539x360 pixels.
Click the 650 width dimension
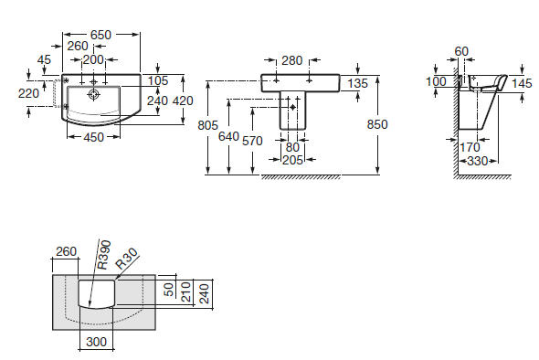tap(100, 35)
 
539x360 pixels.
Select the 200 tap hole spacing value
tap(93, 59)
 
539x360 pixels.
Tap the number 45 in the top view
tap(44, 59)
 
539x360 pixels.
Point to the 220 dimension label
tap(28, 93)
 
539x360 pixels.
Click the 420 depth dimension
tap(183, 101)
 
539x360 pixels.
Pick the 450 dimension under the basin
tap(93, 138)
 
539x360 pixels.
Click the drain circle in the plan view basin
tap(93, 94)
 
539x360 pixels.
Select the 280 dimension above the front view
tap(292, 60)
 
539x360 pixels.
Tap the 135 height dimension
tap(357, 83)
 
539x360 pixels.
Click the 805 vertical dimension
tap(207, 125)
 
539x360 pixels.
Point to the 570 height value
tap(252, 141)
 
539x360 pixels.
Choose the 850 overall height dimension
tap(377, 124)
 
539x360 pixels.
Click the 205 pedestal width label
tap(292, 160)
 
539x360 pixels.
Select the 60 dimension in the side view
tap(461, 51)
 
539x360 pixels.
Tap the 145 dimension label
tap(522, 83)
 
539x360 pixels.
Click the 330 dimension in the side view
tap(478, 161)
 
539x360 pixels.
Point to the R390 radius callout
tap(103, 255)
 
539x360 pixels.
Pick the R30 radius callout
tap(126, 259)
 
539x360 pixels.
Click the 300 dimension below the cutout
tap(97, 342)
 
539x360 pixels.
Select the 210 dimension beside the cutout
tap(186, 291)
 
